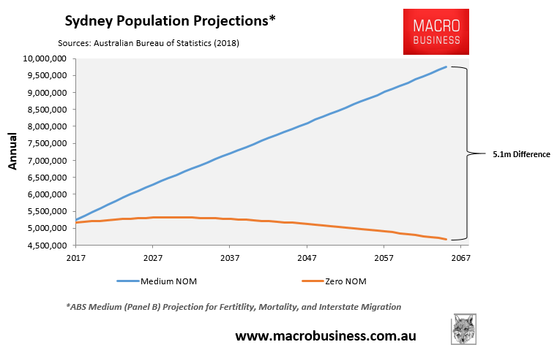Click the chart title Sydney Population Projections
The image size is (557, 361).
point(170,20)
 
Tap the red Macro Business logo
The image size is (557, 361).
point(436,31)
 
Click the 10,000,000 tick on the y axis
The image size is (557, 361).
point(46,58)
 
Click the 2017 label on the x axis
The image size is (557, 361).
point(76,259)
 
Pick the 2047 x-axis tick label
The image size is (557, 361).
point(307,259)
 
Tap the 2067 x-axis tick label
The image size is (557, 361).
point(460,259)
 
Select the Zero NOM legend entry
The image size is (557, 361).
point(335,281)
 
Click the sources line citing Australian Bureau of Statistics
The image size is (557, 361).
point(145,43)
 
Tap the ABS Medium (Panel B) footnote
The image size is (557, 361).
point(233,307)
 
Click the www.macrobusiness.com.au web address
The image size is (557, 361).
point(325,336)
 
